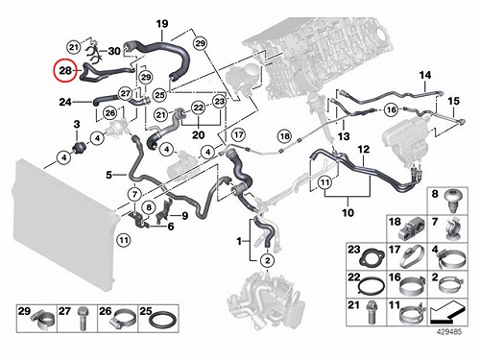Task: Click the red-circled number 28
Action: [65, 70]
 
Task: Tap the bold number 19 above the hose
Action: [162, 24]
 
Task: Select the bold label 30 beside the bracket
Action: [114, 51]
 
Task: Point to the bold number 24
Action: [65, 102]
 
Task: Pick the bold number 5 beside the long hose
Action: [109, 175]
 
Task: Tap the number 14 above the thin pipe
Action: [425, 75]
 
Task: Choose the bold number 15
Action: [453, 101]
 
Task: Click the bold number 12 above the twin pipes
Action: [364, 149]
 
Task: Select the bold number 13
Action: [344, 136]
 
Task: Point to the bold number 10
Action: [348, 212]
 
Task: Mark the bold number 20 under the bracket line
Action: [199, 134]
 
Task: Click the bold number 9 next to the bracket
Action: [185, 216]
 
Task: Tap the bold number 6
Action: [171, 227]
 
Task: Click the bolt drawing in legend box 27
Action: [83, 319]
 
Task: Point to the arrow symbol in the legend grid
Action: [447, 311]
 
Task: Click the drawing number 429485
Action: [449, 332]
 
